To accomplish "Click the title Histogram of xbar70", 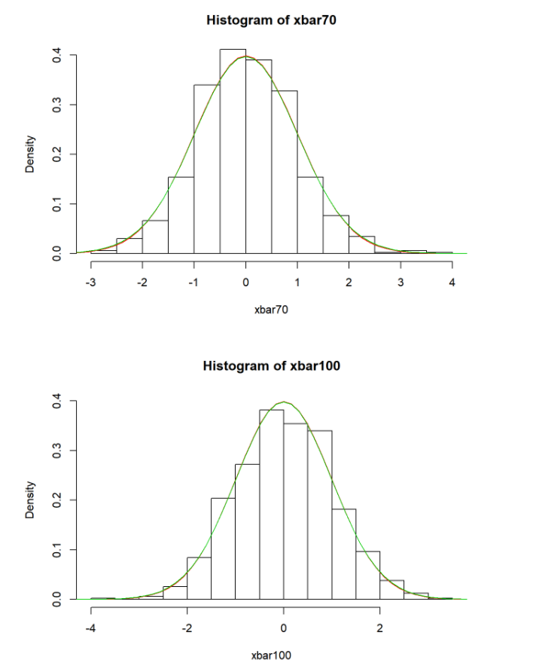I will [271, 20].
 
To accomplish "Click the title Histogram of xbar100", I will [271, 366].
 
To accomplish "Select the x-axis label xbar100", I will [271, 655].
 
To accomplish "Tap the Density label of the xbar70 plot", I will [30, 154].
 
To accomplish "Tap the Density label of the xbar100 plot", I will [30, 499].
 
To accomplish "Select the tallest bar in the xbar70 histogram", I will [233, 151].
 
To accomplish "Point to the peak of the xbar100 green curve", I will [283, 402].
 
